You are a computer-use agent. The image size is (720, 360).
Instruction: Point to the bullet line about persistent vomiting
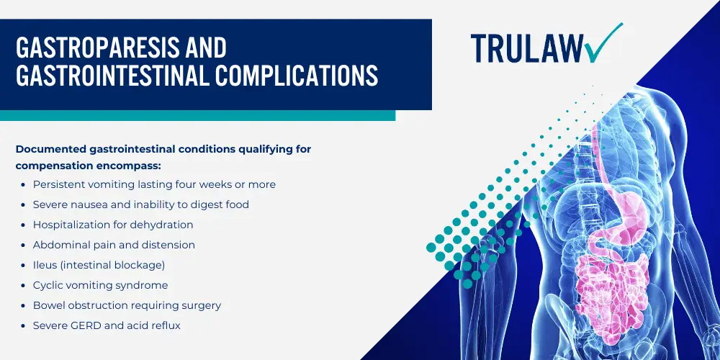pos(154,184)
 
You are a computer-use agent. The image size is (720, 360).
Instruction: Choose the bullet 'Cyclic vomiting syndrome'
pos(100,286)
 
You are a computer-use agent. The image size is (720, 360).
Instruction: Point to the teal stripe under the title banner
pos(197,115)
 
